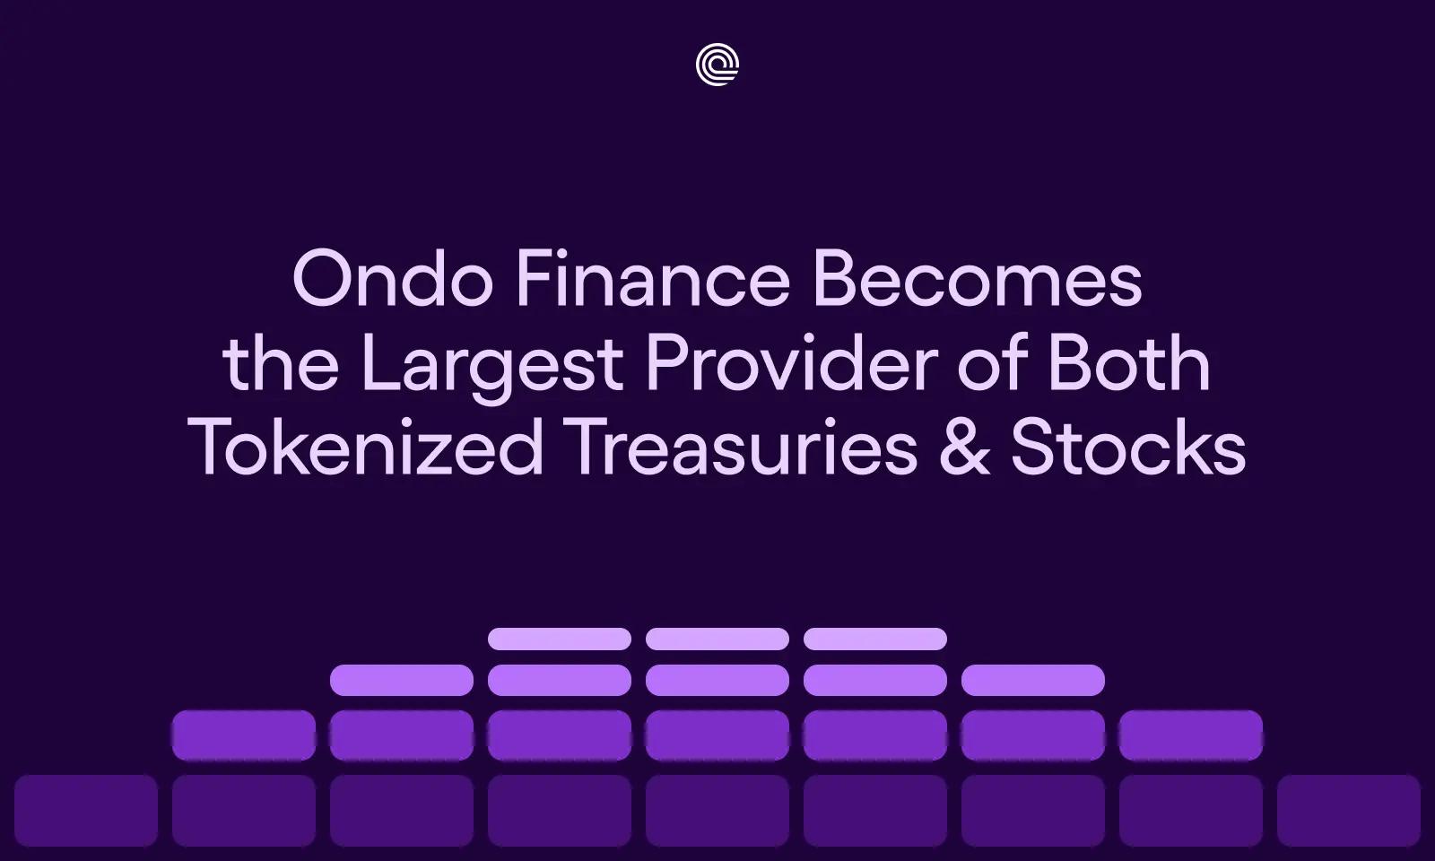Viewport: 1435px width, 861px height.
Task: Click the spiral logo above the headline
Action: pos(717,65)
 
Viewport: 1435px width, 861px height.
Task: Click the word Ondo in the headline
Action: pos(393,280)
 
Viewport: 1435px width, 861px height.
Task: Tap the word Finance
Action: pos(652,280)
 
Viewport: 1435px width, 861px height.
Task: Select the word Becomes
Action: pos(977,280)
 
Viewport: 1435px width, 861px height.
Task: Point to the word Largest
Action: pos(491,366)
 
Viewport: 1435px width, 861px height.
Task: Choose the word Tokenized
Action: pos(367,448)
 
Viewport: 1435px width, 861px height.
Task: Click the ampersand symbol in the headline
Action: pos(965,448)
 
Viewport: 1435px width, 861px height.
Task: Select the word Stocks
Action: pos(1128,448)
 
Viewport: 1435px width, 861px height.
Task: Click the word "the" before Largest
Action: pos(281,366)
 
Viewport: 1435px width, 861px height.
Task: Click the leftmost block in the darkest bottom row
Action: pos(86,811)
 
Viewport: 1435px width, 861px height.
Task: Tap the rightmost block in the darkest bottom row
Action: pos(1349,811)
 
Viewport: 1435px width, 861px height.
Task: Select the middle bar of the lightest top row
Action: pos(717,639)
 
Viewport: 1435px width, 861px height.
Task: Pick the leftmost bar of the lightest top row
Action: pos(560,639)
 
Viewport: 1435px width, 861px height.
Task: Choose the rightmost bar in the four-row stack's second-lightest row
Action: pos(1033,680)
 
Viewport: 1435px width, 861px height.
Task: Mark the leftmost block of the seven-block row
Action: pos(244,735)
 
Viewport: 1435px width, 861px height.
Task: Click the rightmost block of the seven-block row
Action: pos(1191,735)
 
